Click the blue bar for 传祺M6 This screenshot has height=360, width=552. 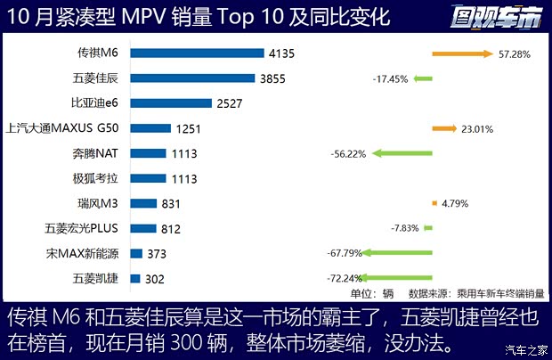click(197, 53)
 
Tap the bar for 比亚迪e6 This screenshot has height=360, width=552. click(170, 103)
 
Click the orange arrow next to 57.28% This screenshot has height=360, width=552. click(462, 54)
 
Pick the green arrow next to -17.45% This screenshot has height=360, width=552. click(422, 78)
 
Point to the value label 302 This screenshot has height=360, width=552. click(155, 279)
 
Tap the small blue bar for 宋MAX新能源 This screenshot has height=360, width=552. click(136, 253)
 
